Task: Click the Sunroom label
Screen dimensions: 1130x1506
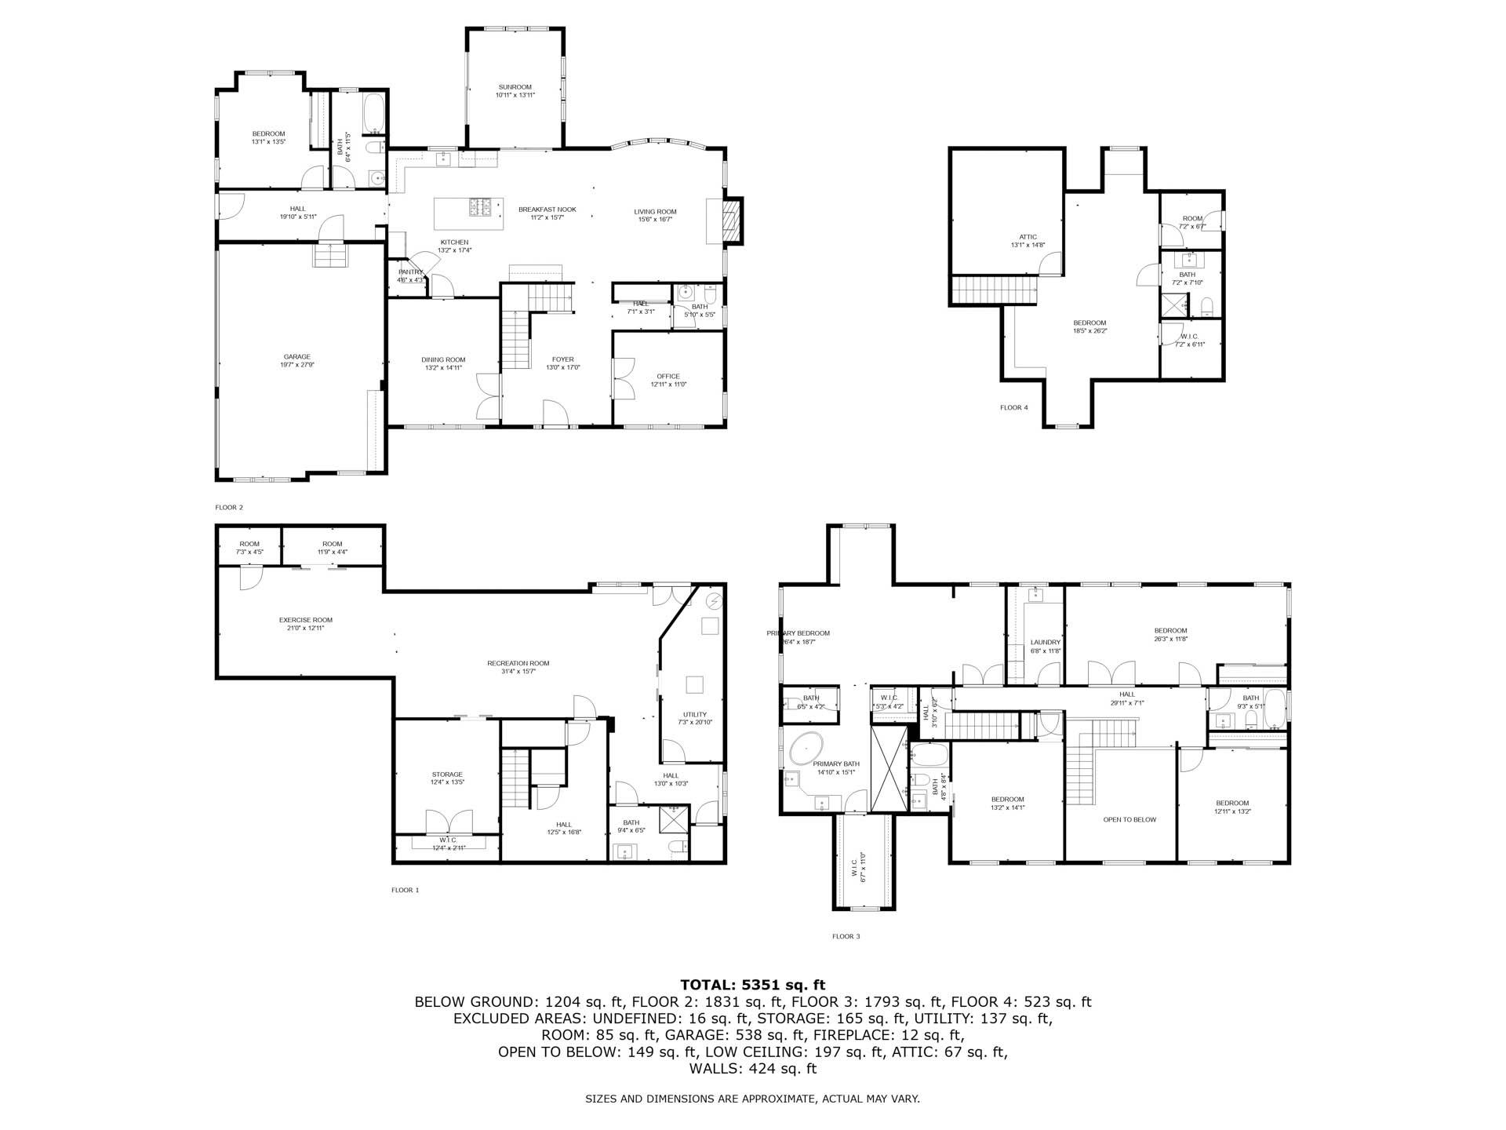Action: coord(515,87)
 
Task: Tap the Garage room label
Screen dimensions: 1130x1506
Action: coord(297,357)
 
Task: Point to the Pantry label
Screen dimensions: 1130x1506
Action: coord(409,272)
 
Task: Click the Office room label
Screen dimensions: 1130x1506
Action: coord(668,377)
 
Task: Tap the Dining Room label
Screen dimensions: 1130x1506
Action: coord(443,360)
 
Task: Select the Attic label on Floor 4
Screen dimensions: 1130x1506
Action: coord(1028,237)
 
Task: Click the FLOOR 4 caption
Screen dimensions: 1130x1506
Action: coord(1013,407)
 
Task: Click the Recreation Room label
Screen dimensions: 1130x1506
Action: coord(518,663)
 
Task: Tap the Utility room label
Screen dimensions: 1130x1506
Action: coord(694,715)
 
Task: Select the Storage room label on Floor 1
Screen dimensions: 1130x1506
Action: coord(447,775)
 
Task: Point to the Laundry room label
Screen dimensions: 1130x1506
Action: coord(1045,642)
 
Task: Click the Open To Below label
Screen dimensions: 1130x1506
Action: coord(1129,819)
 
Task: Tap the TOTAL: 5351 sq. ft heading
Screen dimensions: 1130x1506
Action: coord(752,985)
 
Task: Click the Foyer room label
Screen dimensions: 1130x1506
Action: coord(562,360)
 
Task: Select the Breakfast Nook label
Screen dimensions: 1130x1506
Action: coord(547,210)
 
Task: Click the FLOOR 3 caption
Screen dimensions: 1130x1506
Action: coord(846,936)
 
